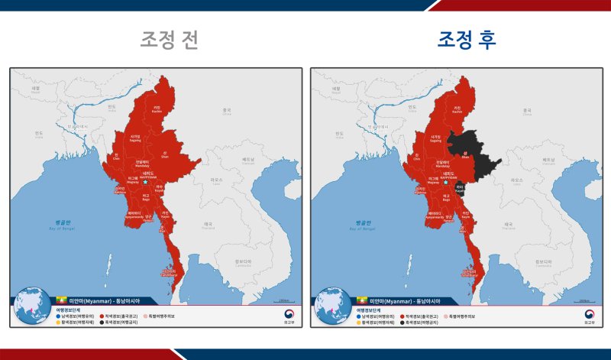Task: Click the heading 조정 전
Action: click(169, 41)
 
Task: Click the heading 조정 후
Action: click(467, 41)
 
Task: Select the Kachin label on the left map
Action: click(157, 109)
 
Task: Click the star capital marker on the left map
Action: click(145, 183)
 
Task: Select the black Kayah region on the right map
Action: click(460, 186)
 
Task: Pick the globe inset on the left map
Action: click(34, 306)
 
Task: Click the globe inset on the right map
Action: click(334, 306)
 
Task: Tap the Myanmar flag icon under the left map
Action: click(62, 301)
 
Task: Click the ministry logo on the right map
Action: click(588, 314)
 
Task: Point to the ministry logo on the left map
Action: click(287, 314)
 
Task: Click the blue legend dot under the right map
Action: click(359, 316)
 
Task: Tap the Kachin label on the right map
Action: click(457, 109)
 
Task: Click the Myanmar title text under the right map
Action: click(405, 301)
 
